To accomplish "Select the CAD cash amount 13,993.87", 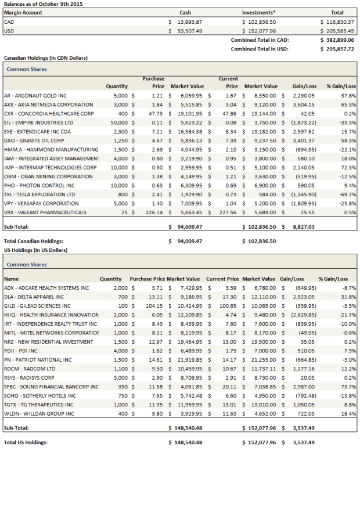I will coord(189,21).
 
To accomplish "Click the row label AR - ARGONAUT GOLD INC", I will coord(35,95).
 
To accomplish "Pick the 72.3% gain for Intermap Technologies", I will coord(348,167).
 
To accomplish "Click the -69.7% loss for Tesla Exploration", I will coord(348,194).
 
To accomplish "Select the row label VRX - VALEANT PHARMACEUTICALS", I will coord(43,212).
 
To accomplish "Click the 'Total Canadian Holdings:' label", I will coord(33,241).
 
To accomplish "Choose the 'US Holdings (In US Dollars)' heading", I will coord(35,250).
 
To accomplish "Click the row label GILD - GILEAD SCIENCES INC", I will coord(37,305).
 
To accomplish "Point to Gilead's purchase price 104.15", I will coord(154,305).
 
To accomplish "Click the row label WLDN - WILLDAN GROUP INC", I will coord(39,413).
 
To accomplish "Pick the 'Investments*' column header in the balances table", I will coord(258,13).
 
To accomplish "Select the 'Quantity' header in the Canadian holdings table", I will coord(117,87).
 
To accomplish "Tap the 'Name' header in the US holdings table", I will coord(11,279).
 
